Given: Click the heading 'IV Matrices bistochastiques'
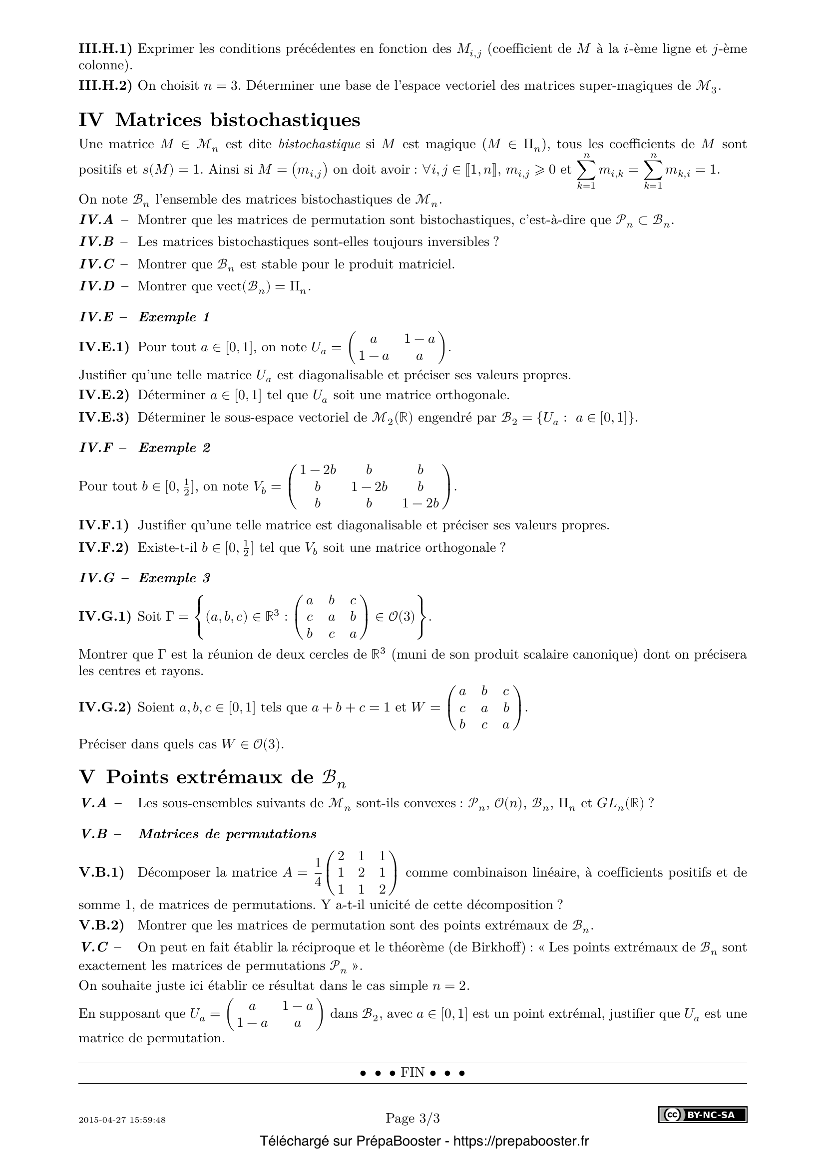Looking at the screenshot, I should (x=219, y=120).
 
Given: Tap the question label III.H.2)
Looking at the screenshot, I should (x=105, y=86).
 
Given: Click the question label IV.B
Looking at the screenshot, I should (x=97, y=242).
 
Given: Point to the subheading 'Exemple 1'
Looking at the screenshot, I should (x=174, y=317).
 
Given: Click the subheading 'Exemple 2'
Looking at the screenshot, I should (x=174, y=448).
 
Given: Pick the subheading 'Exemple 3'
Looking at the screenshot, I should (x=174, y=578).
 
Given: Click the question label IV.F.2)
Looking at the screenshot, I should (x=104, y=548).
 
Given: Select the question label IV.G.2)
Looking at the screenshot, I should (x=105, y=707).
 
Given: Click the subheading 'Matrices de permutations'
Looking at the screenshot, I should (x=227, y=834).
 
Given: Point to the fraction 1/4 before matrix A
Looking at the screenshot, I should (x=318, y=872).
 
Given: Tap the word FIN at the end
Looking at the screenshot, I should (x=413, y=1073).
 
